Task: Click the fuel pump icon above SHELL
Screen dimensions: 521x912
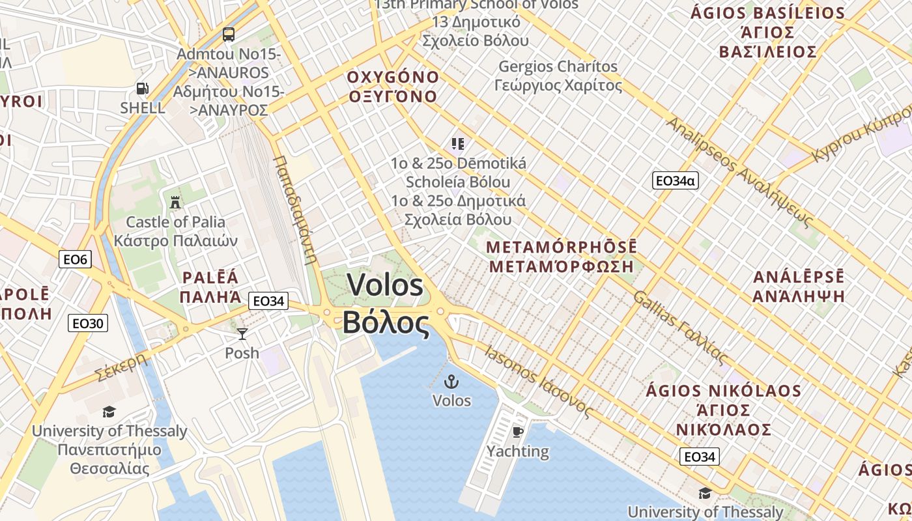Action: coord(142,89)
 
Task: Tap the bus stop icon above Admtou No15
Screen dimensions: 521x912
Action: coord(228,34)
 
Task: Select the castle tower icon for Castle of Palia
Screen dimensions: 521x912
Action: coord(175,203)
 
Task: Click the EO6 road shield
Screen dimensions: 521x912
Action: coord(75,260)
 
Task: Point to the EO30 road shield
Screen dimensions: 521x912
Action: coord(88,323)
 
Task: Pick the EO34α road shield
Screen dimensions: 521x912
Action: coord(675,180)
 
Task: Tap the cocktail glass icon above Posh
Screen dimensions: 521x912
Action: coord(242,334)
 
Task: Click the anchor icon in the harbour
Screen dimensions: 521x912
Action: coord(451,382)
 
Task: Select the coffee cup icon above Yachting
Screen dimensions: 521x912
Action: coord(518,432)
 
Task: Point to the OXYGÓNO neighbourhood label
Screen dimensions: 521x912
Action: coord(393,77)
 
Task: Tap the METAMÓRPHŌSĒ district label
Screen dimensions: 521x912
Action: coord(562,247)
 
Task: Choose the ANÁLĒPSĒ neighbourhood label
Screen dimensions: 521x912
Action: coord(799,277)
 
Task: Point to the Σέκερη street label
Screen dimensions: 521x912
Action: coord(121,367)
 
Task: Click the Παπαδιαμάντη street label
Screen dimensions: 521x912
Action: coord(295,208)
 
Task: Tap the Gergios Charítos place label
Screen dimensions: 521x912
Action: coord(558,66)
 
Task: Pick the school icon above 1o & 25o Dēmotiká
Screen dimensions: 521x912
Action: coord(457,143)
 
